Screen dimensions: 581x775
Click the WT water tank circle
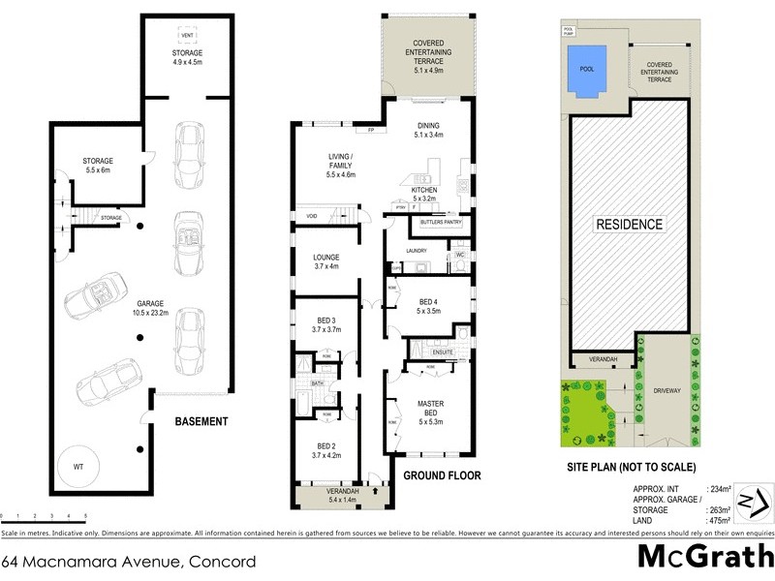click(78, 467)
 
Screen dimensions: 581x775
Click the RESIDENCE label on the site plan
click(630, 224)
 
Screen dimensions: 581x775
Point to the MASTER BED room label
click(430, 409)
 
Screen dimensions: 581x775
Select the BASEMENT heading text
click(201, 421)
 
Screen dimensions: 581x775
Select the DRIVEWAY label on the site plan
click(667, 391)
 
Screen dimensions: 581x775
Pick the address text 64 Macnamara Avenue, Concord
click(129, 561)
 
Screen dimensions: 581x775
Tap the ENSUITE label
click(429, 352)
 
